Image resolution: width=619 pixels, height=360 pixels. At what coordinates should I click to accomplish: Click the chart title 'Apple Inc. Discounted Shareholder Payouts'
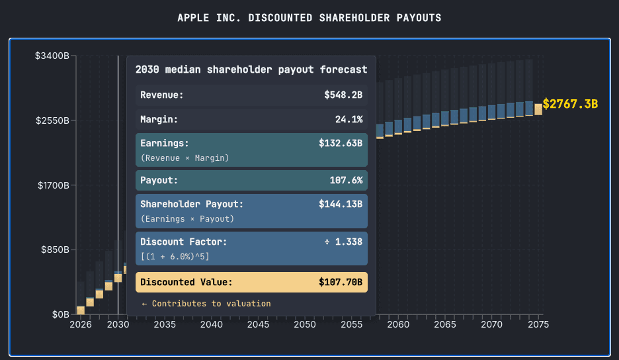pyautogui.click(x=309, y=18)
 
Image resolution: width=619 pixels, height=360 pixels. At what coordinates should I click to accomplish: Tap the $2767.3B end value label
pyautogui.click(x=570, y=105)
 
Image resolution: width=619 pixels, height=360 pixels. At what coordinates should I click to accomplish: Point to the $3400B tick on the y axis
pyautogui.click(x=52, y=56)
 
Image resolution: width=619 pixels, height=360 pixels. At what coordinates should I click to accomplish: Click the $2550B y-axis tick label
pyautogui.click(x=52, y=120)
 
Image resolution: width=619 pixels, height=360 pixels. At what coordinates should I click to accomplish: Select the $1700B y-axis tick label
pyautogui.click(x=52, y=185)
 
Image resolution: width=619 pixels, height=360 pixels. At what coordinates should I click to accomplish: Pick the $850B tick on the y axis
pyautogui.click(x=54, y=249)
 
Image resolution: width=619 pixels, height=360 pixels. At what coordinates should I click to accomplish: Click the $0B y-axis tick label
pyautogui.click(x=61, y=314)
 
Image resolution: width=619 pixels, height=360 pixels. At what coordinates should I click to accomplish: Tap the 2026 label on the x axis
pyautogui.click(x=81, y=325)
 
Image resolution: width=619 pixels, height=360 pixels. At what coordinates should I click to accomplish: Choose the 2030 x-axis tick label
pyautogui.click(x=118, y=325)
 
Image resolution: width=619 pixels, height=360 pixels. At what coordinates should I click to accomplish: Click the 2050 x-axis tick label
pyautogui.click(x=305, y=325)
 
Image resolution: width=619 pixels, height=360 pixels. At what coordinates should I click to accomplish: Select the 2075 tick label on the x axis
pyautogui.click(x=538, y=325)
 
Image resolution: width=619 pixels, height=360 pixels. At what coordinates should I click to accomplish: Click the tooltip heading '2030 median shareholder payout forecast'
pyautogui.click(x=251, y=69)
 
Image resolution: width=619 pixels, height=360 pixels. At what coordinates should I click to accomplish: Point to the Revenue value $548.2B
pyautogui.click(x=343, y=95)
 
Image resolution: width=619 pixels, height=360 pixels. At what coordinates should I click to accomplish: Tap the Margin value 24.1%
pyautogui.click(x=349, y=120)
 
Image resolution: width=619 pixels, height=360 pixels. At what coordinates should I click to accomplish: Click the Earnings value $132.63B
pyautogui.click(x=341, y=143)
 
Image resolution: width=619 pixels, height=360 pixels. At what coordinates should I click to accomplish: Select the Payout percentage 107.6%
pyautogui.click(x=346, y=180)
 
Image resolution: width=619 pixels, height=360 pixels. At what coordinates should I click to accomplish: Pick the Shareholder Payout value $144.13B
pyautogui.click(x=341, y=204)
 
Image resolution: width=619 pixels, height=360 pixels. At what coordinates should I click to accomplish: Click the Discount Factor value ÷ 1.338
pyautogui.click(x=343, y=242)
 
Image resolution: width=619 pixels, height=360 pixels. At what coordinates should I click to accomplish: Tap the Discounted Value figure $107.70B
pyautogui.click(x=341, y=283)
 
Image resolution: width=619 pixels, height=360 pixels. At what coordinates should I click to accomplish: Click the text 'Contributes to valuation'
pyautogui.click(x=211, y=304)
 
